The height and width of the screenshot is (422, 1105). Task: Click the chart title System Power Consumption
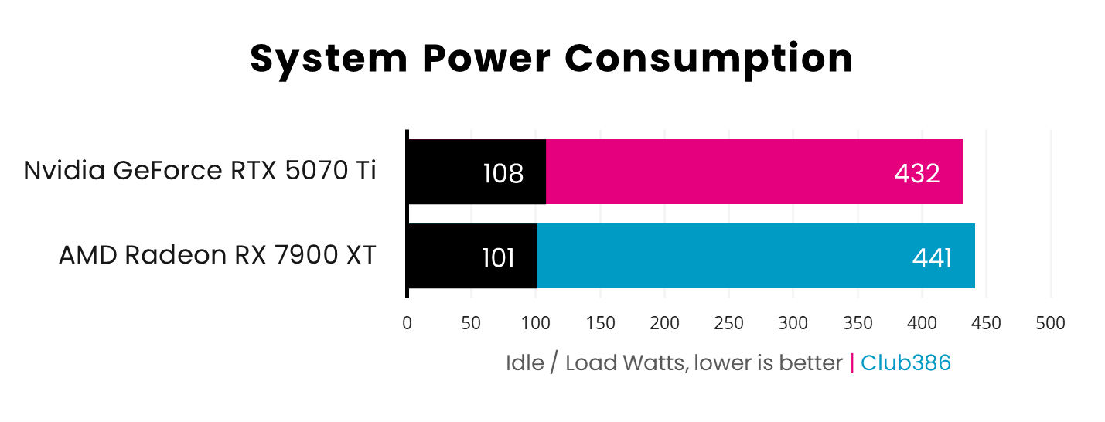tap(551, 59)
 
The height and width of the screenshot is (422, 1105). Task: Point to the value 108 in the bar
tap(503, 173)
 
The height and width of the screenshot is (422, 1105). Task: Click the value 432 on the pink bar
tap(916, 173)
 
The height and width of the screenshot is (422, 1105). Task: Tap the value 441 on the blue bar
tap(932, 257)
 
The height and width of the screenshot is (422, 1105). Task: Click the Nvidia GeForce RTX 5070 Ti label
tap(200, 171)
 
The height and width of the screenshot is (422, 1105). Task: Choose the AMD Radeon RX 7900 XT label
tap(217, 255)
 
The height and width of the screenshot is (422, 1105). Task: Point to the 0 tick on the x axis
tap(407, 323)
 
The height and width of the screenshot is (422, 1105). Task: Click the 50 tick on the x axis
tap(472, 323)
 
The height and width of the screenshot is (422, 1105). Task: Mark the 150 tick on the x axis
tap(600, 323)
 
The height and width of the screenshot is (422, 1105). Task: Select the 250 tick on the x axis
tap(729, 323)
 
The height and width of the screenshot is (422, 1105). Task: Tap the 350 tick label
tap(858, 323)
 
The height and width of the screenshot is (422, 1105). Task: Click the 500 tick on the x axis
tap(1050, 323)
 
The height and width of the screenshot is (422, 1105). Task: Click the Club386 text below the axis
tap(905, 362)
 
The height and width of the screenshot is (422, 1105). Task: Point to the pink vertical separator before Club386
tap(852, 362)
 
